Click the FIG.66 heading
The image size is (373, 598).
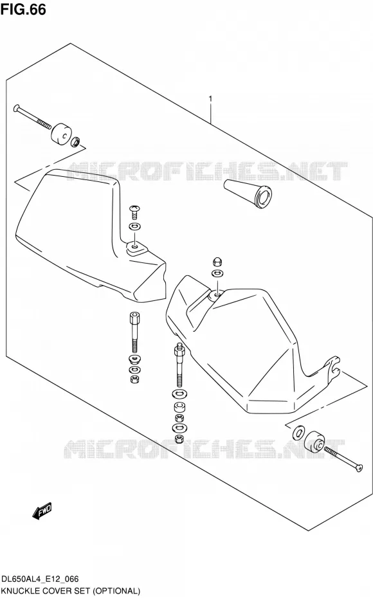coord(23,9)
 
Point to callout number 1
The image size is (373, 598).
coord(210,99)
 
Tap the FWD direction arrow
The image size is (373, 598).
coord(42,511)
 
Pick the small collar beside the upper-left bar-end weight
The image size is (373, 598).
coord(75,142)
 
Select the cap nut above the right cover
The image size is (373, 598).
coord(217,262)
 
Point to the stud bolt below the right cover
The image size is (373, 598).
coord(179,365)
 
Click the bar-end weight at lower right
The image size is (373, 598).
coord(314,441)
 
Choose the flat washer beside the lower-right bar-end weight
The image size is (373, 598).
coord(298,433)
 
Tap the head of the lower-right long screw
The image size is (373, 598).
coord(358,468)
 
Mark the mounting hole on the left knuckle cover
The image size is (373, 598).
coord(134,247)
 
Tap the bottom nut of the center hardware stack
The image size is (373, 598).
coord(178,439)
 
